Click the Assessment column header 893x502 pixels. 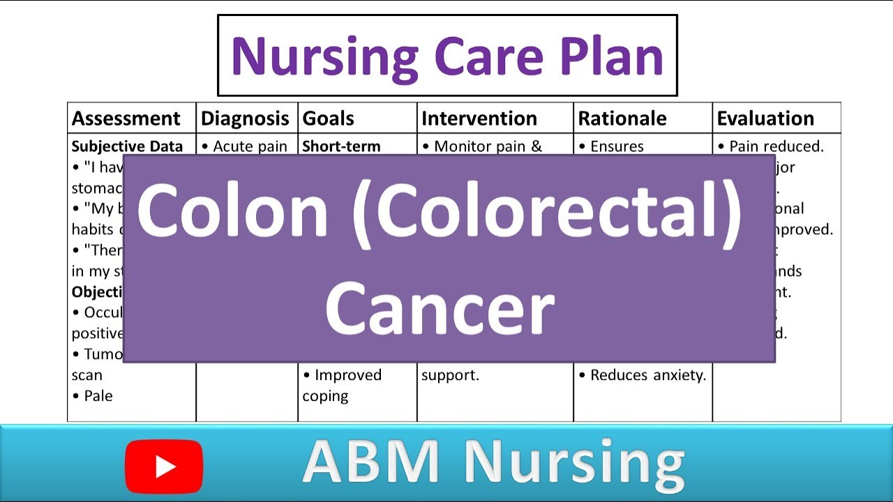126,119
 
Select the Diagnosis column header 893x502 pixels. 245,119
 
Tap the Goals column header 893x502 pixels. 328,119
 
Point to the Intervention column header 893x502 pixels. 479,119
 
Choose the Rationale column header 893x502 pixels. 622,119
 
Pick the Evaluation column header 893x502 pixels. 765,119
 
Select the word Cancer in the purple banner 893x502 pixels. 440,307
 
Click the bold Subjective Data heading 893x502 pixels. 127,146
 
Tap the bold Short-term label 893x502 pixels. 341,146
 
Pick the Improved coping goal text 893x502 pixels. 343,385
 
